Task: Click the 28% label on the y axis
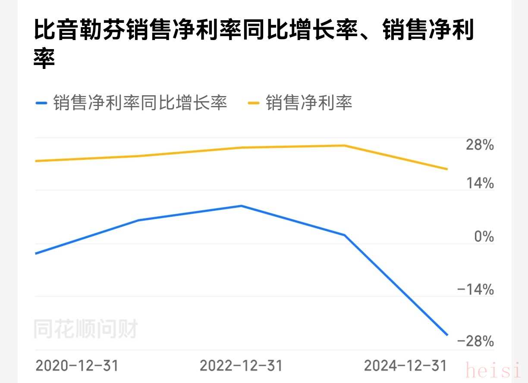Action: pyautogui.click(x=480, y=145)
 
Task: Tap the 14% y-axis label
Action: pyautogui.click(x=480, y=184)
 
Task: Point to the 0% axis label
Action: pyautogui.click(x=484, y=237)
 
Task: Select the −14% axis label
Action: pyautogui.click(x=475, y=290)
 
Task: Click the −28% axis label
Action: pyautogui.click(x=475, y=342)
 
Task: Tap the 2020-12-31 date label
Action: pyautogui.click(x=77, y=366)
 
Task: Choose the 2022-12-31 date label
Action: pyautogui.click(x=241, y=366)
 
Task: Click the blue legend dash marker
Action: pyautogui.click(x=41, y=103)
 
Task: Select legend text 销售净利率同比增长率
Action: pyautogui.click(x=140, y=103)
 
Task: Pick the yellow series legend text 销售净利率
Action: pyautogui.click(x=309, y=103)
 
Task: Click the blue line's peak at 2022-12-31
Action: pyautogui.click(x=242, y=206)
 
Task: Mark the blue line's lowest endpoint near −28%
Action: pyautogui.click(x=447, y=335)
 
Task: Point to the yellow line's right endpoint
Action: pyautogui.click(x=447, y=169)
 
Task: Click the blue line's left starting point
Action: pyautogui.click(x=36, y=253)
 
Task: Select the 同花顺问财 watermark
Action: pyautogui.click(x=85, y=330)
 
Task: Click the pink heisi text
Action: pyautogui.click(x=493, y=370)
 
